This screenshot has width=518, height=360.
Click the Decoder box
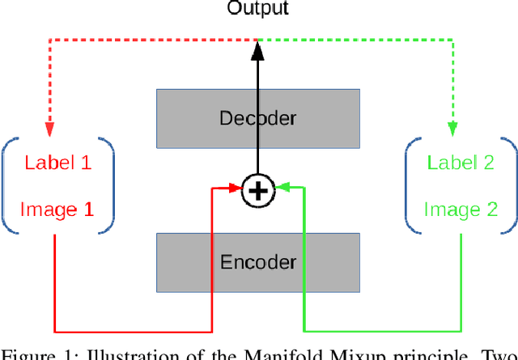[258, 119]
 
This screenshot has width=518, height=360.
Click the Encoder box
[258, 262]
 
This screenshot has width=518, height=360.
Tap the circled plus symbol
[257, 191]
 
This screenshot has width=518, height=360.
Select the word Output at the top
[257, 9]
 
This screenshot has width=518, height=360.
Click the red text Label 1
[57, 163]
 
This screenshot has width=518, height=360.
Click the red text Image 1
[57, 210]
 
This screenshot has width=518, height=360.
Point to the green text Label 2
[461, 163]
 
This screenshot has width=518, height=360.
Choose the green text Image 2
[461, 210]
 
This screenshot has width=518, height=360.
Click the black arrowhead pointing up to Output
[257, 50]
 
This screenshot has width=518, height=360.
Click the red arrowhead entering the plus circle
[238, 189]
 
